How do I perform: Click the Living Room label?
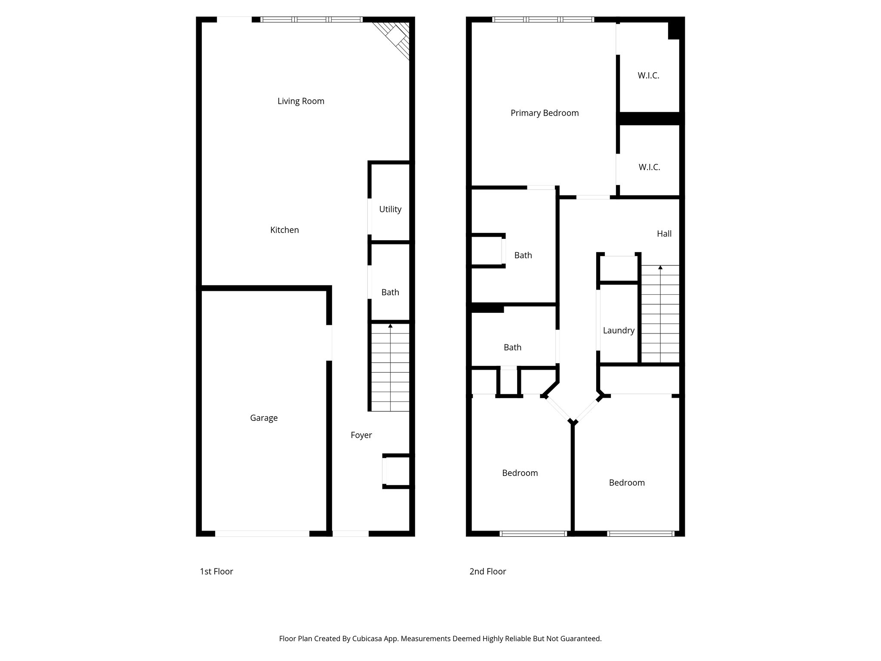click(x=301, y=101)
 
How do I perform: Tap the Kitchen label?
click(x=284, y=230)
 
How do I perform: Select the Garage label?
click(x=264, y=418)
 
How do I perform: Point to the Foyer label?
click(x=361, y=435)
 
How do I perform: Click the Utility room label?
click(x=390, y=209)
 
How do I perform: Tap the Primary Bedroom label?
click(x=545, y=113)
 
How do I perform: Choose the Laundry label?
click(x=619, y=330)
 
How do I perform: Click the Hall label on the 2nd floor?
click(x=664, y=234)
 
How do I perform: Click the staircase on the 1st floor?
click(x=390, y=368)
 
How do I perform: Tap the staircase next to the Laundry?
click(x=660, y=314)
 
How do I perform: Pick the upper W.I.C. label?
click(x=648, y=75)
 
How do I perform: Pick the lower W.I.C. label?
click(x=649, y=167)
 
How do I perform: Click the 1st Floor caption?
click(x=216, y=571)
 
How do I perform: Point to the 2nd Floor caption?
click(x=488, y=571)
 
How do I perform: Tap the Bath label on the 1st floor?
click(x=390, y=292)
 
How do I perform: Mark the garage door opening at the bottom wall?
click(x=262, y=534)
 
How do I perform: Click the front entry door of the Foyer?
click(x=351, y=534)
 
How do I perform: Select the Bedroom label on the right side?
click(x=627, y=483)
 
